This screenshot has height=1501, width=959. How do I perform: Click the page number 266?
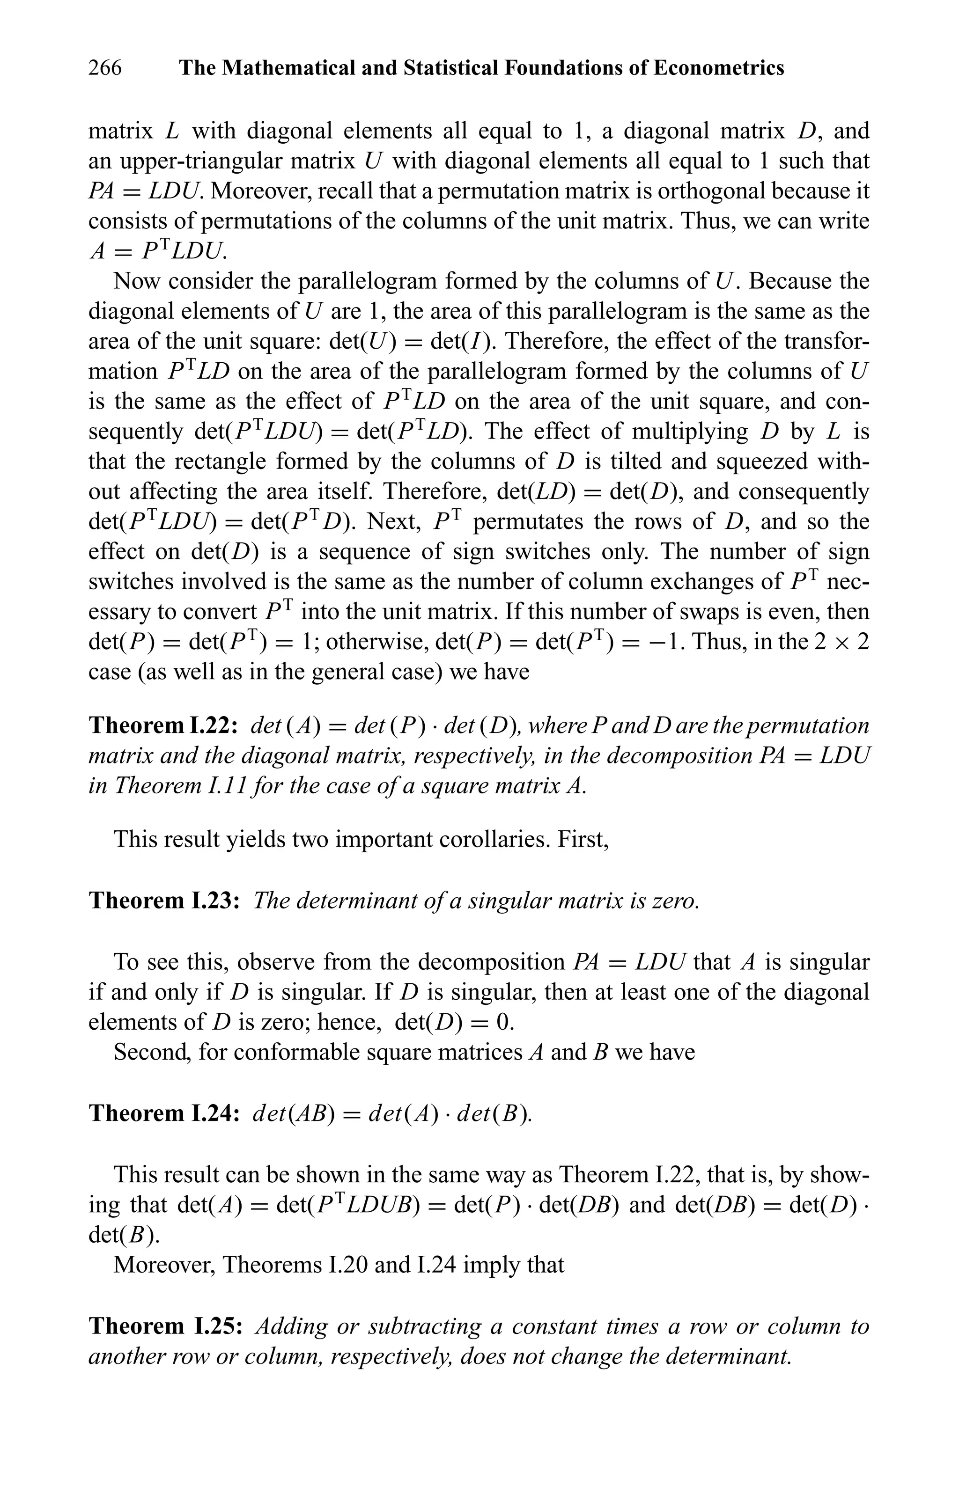pos(105,67)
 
